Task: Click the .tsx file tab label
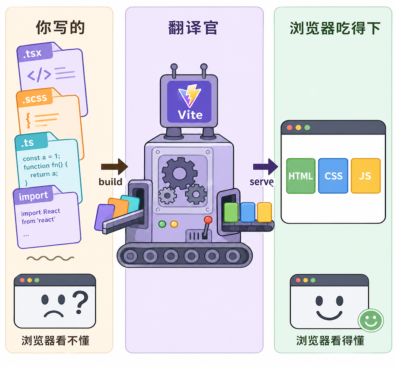pos(32,54)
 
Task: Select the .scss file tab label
pos(34,99)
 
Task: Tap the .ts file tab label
pos(28,143)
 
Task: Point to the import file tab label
pos(34,196)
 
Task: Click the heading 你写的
pos(60,27)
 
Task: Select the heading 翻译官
pos(193,27)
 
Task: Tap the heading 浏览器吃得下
pos(335,28)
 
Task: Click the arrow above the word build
pos(114,167)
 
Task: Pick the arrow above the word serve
pos(265,167)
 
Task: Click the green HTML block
pos(301,176)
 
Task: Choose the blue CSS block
pos(333,176)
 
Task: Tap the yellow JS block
pos(365,176)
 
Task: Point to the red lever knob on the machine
pos(208,220)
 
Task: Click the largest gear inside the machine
pos(179,173)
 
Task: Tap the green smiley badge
pos(370,320)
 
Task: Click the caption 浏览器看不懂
pos(55,340)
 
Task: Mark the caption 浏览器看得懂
pos(330,340)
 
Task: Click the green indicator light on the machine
pos(162,224)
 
